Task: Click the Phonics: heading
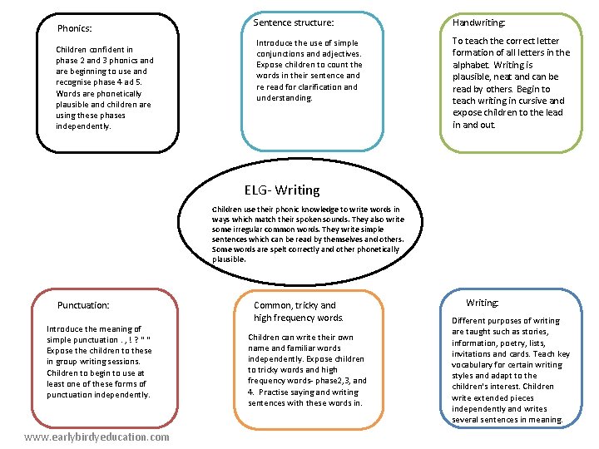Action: click(x=74, y=28)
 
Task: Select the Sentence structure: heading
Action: click(x=293, y=22)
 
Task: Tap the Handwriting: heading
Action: click(x=478, y=23)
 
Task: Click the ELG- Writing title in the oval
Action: click(x=282, y=190)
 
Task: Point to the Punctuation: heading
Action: click(x=83, y=305)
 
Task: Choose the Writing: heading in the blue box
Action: click(x=483, y=303)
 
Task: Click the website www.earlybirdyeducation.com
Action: click(x=97, y=437)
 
